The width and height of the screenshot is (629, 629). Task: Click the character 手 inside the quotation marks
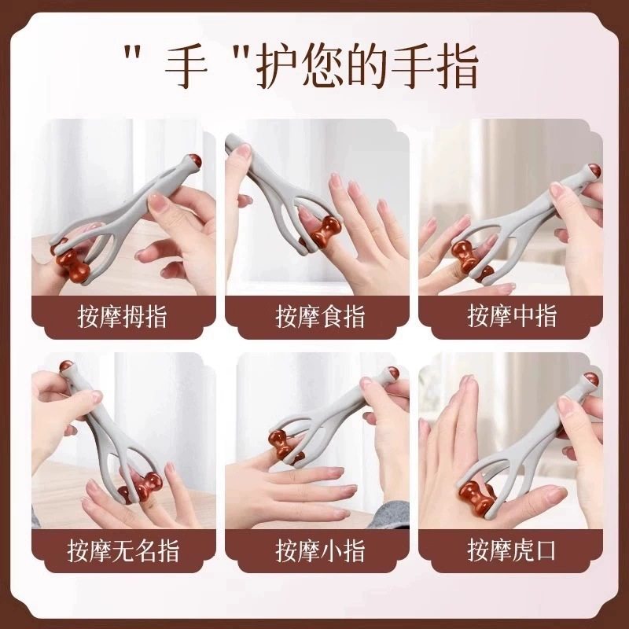point(187,65)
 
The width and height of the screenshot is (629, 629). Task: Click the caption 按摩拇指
point(122,317)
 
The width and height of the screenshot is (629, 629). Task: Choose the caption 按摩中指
point(512,316)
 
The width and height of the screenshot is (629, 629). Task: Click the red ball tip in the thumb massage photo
point(192,163)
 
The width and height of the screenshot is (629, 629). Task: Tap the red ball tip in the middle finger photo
point(594,171)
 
